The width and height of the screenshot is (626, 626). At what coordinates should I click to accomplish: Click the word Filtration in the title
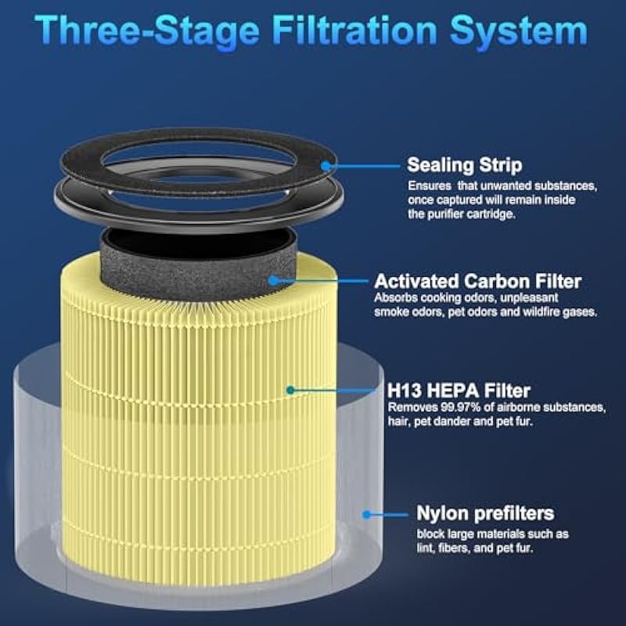click(354, 31)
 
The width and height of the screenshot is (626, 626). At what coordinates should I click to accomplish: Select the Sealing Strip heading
click(464, 165)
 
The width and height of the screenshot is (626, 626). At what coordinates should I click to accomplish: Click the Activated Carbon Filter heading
click(478, 281)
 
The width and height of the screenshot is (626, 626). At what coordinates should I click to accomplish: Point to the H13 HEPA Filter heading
click(459, 390)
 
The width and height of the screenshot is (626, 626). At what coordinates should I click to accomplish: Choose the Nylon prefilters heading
click(485, 513)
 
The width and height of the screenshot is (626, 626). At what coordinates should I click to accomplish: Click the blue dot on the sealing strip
click(326, 166)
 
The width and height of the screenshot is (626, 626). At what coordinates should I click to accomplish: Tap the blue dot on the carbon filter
click(273, 281)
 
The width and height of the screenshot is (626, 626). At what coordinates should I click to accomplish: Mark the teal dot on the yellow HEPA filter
click(290, 390)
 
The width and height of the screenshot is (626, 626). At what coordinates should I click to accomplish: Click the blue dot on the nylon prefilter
click(366, 515)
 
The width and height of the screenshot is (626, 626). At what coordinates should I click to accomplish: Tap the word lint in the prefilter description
click(425, 548)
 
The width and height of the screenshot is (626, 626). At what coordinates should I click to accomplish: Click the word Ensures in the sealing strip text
click(429, 186)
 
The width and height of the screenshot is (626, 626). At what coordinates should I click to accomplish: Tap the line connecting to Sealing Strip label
click(363, 166)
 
